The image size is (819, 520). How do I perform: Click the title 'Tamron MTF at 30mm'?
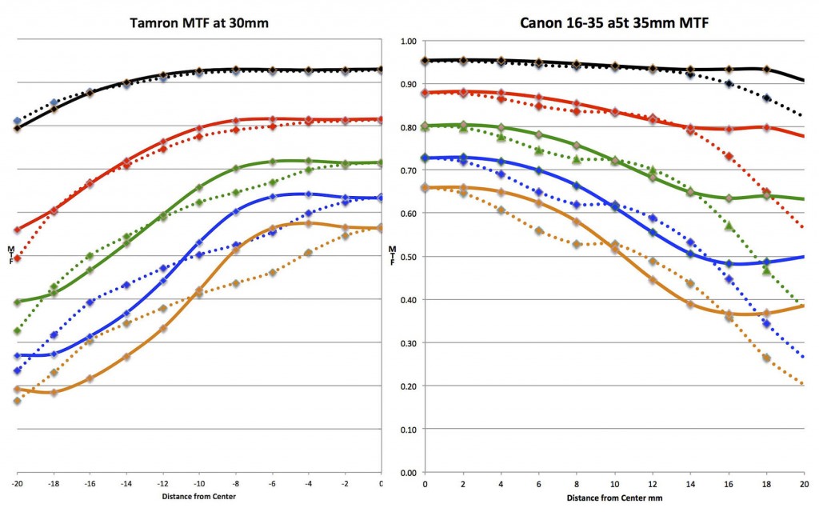point(199,23)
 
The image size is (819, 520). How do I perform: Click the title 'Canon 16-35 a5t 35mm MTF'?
point(613,23)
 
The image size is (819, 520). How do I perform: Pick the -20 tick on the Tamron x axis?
point(17,484)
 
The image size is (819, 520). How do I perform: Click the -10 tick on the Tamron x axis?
point(198,484)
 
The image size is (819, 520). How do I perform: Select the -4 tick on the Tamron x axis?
point(308,484)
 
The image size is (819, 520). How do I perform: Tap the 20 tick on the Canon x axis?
point(804,484)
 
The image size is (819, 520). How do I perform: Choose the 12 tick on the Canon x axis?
point(653,484)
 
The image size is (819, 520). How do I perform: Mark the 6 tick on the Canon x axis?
point(539,484)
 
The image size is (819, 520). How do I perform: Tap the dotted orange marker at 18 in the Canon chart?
point(766,358)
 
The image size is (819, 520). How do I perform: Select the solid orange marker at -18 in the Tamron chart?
point(54,392)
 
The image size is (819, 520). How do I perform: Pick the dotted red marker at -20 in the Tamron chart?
point(17,258)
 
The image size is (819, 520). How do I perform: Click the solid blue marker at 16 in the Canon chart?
point(729,263)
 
